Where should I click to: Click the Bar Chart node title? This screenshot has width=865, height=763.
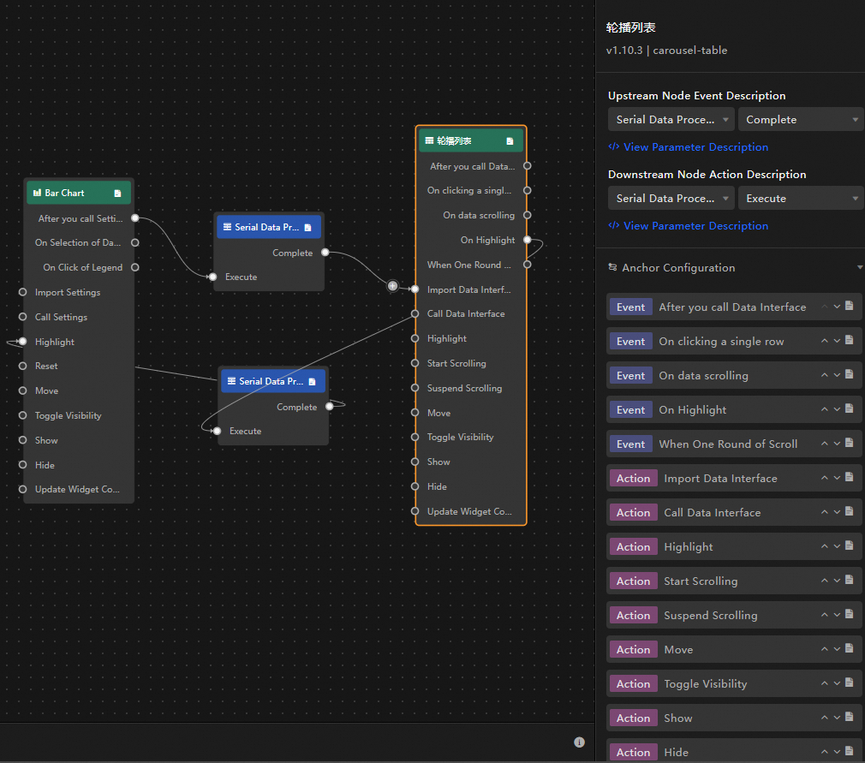click(x=64, y=193)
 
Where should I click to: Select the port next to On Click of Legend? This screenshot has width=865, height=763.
click(x=135, y=267)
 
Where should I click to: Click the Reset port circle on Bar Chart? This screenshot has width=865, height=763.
click(x=22, y=366)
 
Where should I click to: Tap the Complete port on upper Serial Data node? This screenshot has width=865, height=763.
click(x=325, y=253)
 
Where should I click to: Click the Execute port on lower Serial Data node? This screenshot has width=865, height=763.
click(x=218, y=431)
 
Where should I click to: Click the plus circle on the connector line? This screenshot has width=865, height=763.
click(x=392, y=286)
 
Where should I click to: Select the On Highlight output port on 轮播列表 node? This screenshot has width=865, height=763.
click(x=528, y=240)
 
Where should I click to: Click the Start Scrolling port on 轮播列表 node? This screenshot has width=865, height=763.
click(x=415, y=363)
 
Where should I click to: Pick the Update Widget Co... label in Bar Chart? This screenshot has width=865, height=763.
click(x=77, y=489)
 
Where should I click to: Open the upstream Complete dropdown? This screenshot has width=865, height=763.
click(x=801, y=120)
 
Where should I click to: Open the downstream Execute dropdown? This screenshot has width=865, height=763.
click(x=801, y=199)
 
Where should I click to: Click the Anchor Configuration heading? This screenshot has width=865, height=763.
click(x=678, y=268)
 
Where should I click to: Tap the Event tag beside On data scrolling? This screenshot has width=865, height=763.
click(x=630, y=376)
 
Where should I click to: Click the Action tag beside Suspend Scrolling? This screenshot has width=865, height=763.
click(x=633, y=615)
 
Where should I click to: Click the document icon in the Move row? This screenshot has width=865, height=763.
click(x=850, y=648)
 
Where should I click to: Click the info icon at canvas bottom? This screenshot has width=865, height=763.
click(x=579, y=742)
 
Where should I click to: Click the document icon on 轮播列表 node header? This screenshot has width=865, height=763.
click(x=510, y=141)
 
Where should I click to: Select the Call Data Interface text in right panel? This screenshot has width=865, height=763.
click(x=713, y=513)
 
